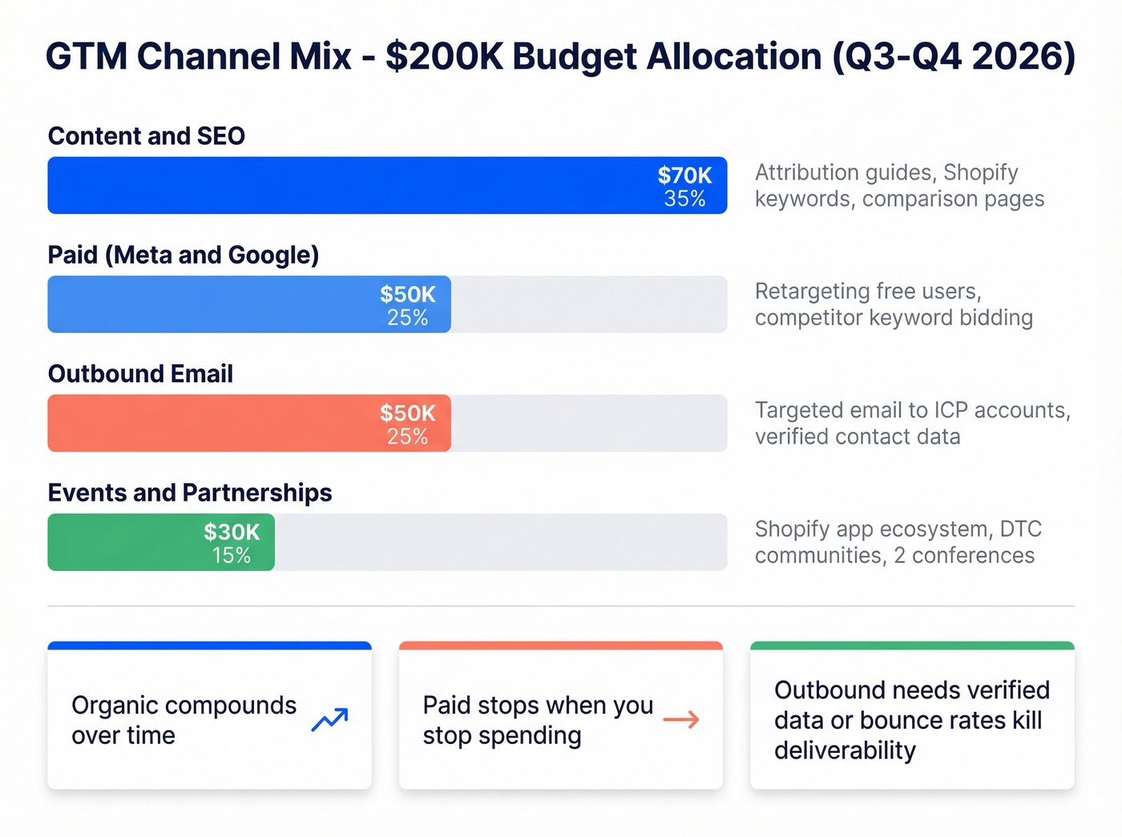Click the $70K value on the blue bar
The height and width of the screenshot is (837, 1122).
[x=684, y=175]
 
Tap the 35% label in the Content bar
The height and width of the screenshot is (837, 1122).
[x=684, y=199]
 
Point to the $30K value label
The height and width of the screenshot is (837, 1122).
[x=232, y=532]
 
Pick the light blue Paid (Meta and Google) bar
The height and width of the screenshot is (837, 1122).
[x=208, y=304]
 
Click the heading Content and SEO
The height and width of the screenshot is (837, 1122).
[x=147, y=136]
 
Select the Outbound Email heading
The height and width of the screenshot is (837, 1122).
[x=140, y=374]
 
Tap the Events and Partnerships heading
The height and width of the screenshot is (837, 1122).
[x=190, y=493]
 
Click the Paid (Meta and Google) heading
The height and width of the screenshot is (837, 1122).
[x=184, y=256]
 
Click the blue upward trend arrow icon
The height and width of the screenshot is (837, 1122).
[x=329, y=719]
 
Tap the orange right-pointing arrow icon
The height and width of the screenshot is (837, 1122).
[x=681, y=720]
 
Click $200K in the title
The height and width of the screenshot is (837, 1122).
[x=444, y=57]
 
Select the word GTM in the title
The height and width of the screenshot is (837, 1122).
[x=87, y=57]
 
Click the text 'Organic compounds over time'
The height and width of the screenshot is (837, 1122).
[x=184, y=720]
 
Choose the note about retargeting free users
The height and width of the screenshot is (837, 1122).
[x=894, y=304]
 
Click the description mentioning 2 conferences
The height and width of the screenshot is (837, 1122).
[x=898, y=542]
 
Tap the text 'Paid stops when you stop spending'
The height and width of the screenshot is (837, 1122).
[x=538, y=720]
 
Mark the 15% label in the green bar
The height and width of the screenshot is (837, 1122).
[x=232, y=555]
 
